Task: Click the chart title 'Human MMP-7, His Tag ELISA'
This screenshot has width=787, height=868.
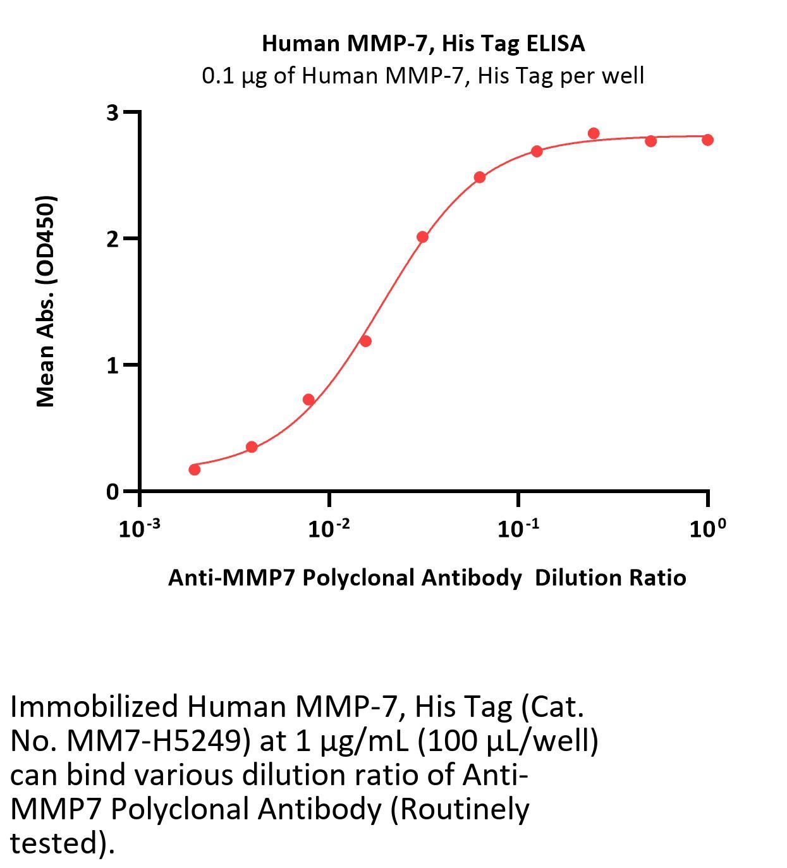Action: [x=423, y=44]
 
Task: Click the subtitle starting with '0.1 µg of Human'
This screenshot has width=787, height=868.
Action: [x=423, y=76]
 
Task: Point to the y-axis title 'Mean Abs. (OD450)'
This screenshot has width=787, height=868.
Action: [x=46, y=301]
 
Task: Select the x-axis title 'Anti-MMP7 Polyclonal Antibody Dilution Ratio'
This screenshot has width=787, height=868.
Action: [x=427, y=578]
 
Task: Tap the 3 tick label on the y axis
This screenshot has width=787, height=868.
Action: [x=113, y=113]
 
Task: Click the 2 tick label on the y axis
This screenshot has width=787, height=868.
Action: [x=113, y=239]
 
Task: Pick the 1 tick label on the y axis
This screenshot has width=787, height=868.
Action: [x=113, y=365]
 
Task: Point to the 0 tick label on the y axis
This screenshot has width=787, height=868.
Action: [x=113, y=492]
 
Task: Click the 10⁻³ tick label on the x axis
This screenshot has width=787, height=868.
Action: [x=139, y=529]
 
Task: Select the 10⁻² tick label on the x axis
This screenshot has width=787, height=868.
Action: [x=329, y=529]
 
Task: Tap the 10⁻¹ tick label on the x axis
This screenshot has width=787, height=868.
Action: [x=518, y=529]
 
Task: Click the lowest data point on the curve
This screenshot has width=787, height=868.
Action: [x=195, y=470]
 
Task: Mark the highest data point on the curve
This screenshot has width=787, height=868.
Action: [x=594, y=133]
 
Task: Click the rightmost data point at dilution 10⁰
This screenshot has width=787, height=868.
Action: [x=707, y=140]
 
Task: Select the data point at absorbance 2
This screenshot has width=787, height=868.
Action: [x=422, y=237]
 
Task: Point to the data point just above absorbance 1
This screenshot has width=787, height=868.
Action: [x=365, y=341]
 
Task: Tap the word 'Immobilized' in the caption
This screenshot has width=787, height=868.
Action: [x=94, y=707]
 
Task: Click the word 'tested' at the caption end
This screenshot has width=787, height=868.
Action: [x=54, y=843]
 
